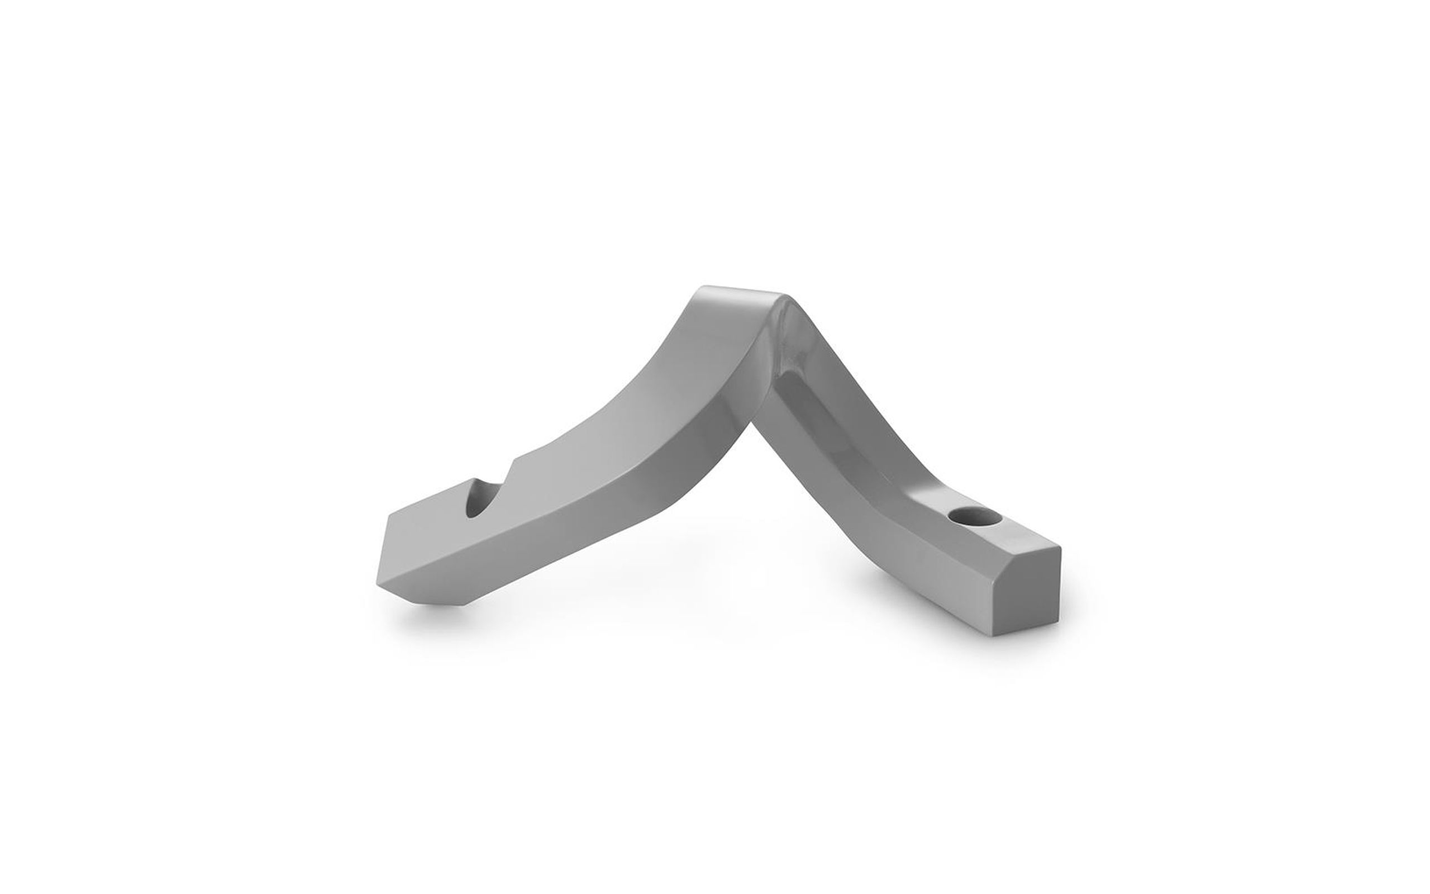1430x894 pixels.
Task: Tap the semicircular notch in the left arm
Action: [x=480, y=502]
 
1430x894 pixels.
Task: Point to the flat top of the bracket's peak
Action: [x=742, y=296]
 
